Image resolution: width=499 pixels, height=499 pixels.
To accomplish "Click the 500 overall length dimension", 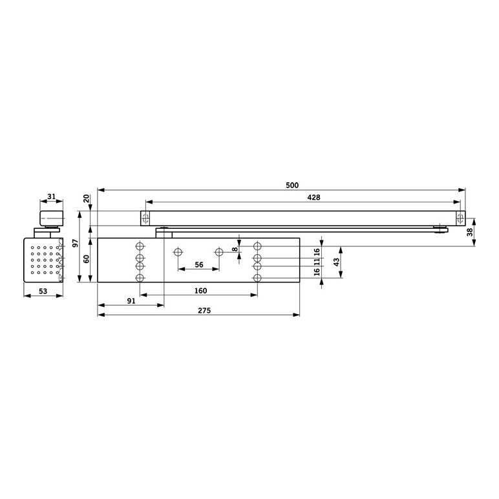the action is pyautogui.click(x=292, y=186).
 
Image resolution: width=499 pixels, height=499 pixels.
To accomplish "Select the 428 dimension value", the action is pyautogui.click(x=313, y=198).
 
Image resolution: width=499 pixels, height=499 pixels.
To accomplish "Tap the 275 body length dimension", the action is pyautogui.click(x=204, y=311).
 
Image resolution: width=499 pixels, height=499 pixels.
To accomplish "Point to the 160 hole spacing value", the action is pyautogui.click(x=200, y=291).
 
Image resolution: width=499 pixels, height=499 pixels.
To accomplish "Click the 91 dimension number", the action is pyautogui.click(x=131, y=301).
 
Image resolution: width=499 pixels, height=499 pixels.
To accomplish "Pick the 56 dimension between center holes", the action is pyautogui.click(x=199, y=265).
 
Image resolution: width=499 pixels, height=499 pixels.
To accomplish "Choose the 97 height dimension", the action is pyautogui.click(x=76, y=243).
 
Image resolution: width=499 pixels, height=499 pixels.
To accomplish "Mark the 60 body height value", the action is pyautogui.click(x=86, y=259).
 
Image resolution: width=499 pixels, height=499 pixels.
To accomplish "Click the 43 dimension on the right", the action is pyautogui.click(x=336, y=262).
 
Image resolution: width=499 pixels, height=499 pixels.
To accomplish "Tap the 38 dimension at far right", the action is pyautogui.click(x=470, y=232).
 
